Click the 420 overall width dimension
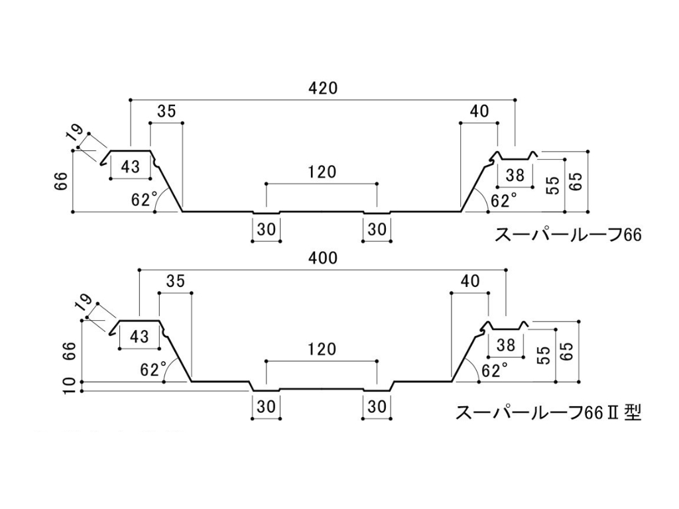point(323,87)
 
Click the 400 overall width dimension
point(323,258)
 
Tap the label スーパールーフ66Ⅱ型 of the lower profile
point(548,413)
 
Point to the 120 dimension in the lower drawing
point(322,349)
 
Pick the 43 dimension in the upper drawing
point(131,166)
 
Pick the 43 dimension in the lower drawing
point(139,336)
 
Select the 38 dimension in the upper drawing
point(515,176)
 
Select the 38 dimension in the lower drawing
point(505,345)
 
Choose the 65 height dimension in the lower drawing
point(566,354)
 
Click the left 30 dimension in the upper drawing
point(266,229)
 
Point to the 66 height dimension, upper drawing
point(61,181)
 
